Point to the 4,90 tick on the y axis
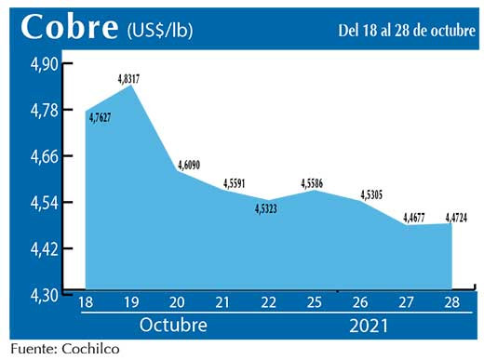tap(41, 63)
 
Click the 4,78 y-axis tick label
tap(41, 110)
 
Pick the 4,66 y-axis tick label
tap(41, 156)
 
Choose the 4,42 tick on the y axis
tap(41, 248)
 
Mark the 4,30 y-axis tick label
tap(41, 294)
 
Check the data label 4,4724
tap(453, 219)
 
